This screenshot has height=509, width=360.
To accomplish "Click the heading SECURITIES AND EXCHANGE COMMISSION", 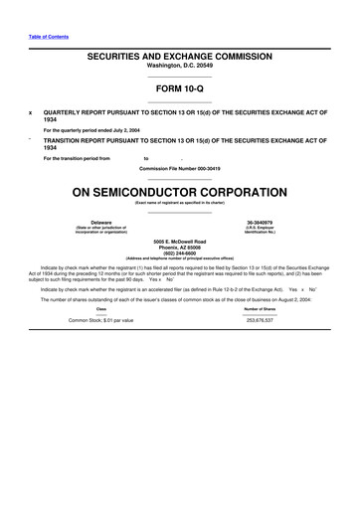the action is (180, 59).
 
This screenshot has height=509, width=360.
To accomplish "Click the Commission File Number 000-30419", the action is (180, 167).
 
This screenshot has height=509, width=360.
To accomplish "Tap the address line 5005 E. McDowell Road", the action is (180, 242).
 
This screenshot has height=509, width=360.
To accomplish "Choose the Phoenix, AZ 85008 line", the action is (180, 248).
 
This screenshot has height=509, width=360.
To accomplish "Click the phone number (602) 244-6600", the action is (180, 254).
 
